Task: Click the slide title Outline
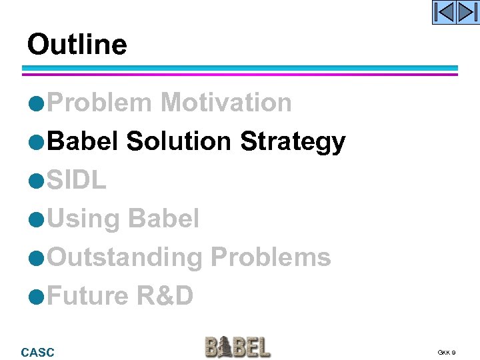tap(77, 45)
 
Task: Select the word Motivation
tap(226, 103)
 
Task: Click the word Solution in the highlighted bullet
tap(179, 141)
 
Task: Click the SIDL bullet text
tap(77, 180)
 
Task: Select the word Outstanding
tap(125, 257)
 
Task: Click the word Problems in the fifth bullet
tap(270, 257)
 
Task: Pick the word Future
tap(89, 295)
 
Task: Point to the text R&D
tap(165, 295)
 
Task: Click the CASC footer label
tap(38, 352)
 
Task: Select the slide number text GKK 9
tap(447, 352)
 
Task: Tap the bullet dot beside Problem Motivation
tap(39, 104)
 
